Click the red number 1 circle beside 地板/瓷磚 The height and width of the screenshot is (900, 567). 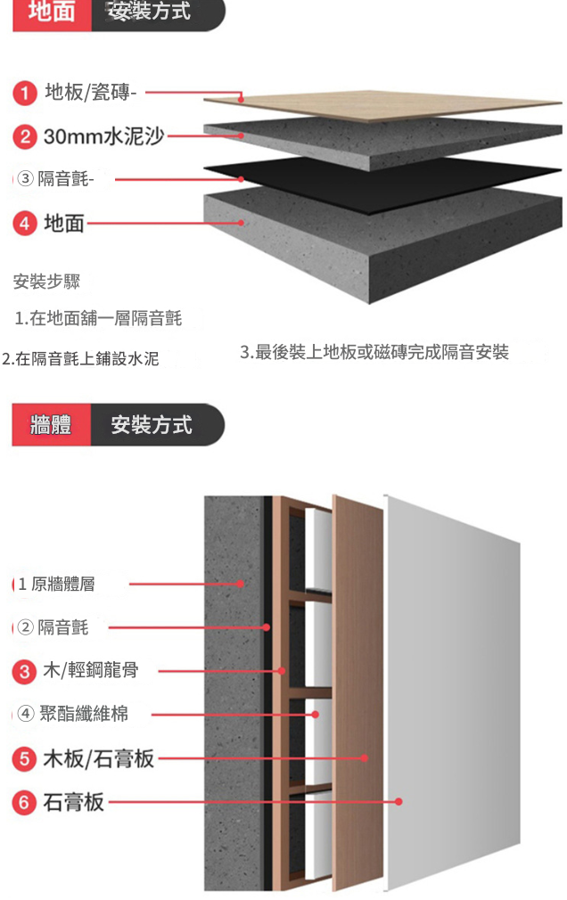click(24, 93)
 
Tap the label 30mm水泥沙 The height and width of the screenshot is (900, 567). click(104, 136)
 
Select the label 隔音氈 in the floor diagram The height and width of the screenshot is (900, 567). click(62, 179)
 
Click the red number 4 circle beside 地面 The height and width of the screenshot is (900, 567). click(24, 223)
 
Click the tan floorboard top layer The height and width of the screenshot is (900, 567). click(383, 106)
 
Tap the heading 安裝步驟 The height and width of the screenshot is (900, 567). click(46, 282)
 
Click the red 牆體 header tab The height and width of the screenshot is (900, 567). click(51, 425)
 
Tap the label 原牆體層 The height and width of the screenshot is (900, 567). click(63, 585)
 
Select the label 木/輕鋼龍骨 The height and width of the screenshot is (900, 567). click(91, 670)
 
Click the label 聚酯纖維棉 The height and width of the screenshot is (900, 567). click(84, 714)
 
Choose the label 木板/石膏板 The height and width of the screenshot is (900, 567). click(99, 758)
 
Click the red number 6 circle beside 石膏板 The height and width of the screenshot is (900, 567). click(24, 802)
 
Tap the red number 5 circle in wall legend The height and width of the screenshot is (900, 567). click(24, 758)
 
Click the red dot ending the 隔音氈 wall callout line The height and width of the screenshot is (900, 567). click(266, 627)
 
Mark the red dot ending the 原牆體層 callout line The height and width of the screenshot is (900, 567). click(241, 584)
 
